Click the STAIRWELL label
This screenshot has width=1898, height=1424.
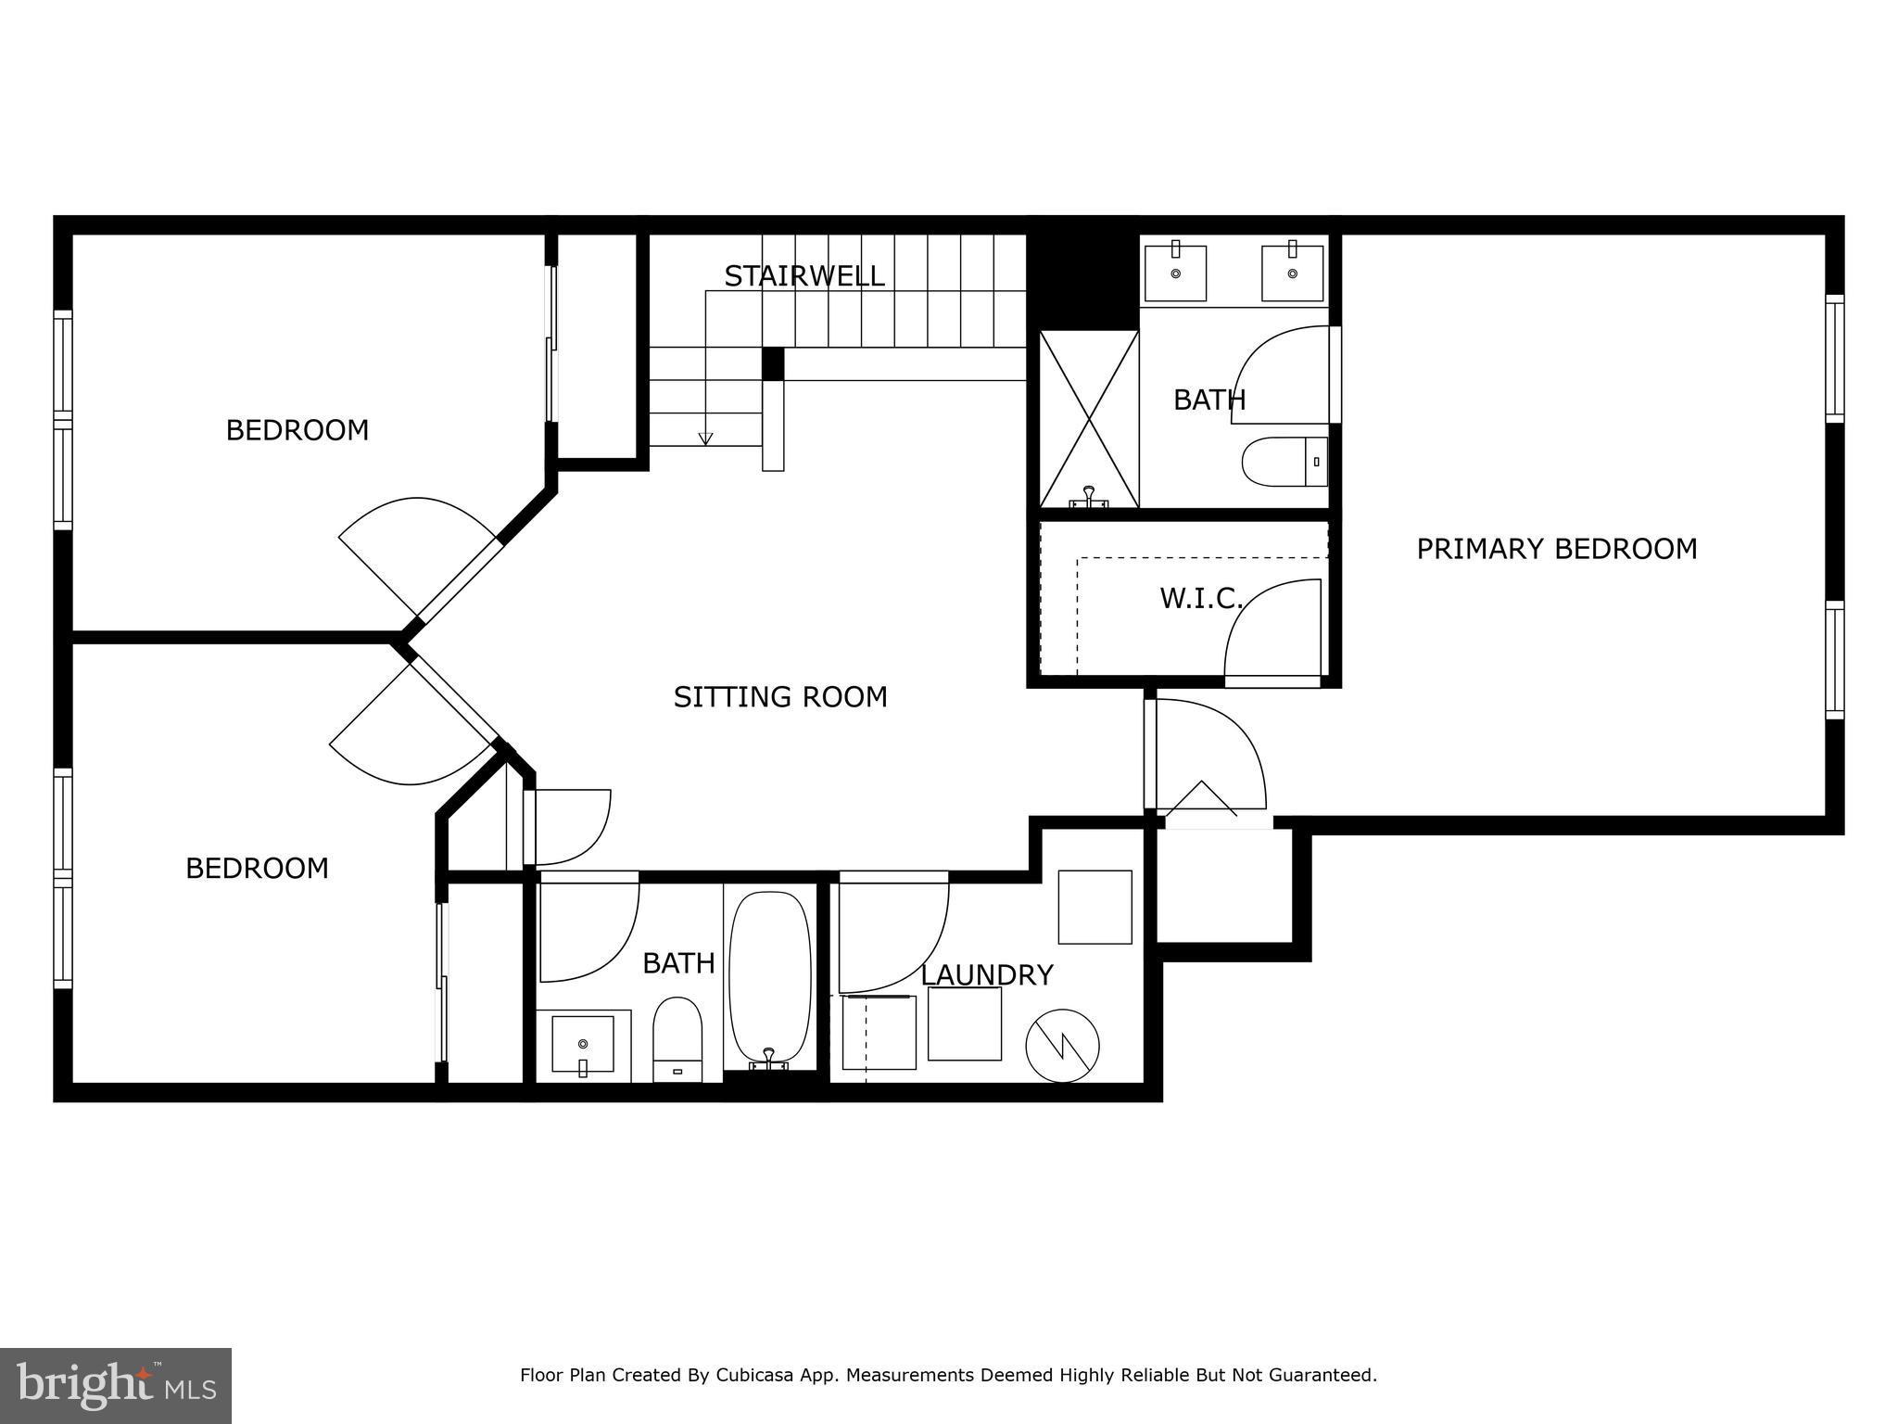coord(803,276)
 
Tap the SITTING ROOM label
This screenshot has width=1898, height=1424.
coord(780,697)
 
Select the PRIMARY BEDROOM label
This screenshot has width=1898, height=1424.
coord(1556,549)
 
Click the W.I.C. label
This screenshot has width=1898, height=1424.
coord(1200,599)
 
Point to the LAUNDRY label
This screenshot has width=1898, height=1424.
coord(986,975)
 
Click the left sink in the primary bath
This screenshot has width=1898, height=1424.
coord(1175,273)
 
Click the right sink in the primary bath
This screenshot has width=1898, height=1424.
coord(1292,273)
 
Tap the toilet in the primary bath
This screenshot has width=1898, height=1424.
coord(1283,462)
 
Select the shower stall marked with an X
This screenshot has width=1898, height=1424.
coord(1089,419)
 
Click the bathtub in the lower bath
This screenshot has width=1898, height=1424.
coord(770,977)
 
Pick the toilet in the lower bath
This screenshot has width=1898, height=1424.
coord(677,1038)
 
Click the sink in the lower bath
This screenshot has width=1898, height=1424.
coord(583,1044)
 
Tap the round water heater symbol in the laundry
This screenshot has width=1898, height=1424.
coord(1062,1046)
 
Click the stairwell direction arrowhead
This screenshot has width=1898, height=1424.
coord(706,439)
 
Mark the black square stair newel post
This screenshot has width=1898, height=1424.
coord(773,363)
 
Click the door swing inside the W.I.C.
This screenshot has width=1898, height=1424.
coord(1273,630)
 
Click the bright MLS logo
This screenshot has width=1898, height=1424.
coord(115,1385)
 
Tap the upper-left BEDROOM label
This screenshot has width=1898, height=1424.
coord(297,430)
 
